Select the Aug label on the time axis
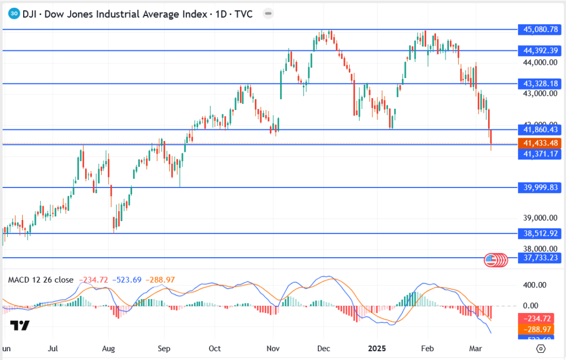point(109,349)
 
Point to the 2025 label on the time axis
point(378,349)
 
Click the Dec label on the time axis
point(324,349)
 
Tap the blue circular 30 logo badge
point(15,14)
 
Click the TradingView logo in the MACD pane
point(20,325)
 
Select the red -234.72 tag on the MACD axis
point(538,319)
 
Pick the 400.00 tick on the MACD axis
point(534,285)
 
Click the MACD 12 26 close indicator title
point(40,280)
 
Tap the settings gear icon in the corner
point(541,348)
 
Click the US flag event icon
point(490,259)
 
